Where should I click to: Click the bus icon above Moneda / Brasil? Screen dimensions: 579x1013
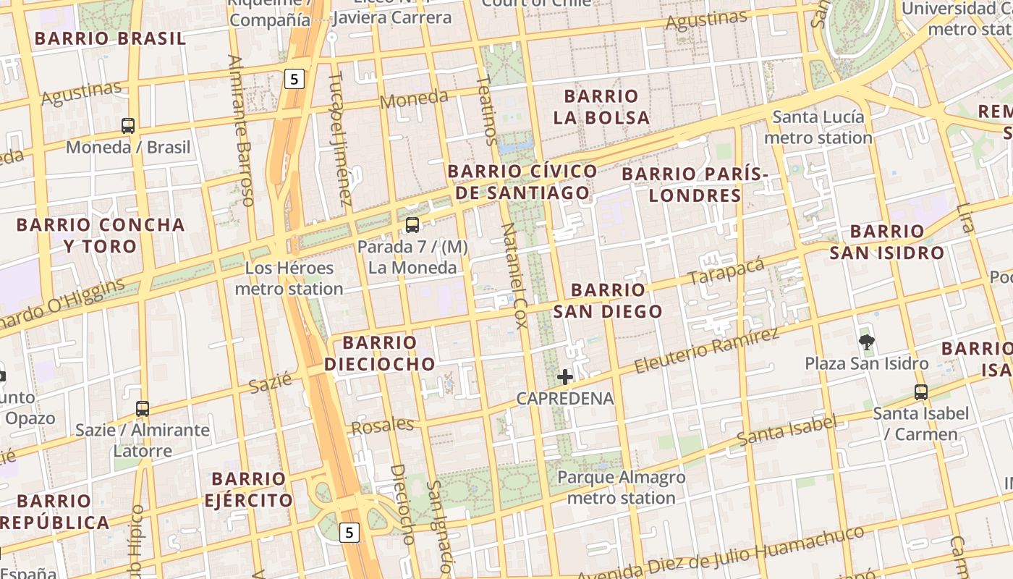[x=128, y=125]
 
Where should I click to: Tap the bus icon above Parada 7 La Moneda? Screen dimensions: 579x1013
[x=412, y=224]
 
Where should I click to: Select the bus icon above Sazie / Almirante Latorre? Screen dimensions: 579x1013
[x=143, y=408]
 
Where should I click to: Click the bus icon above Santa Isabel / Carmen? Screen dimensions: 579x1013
[x=920, y=392]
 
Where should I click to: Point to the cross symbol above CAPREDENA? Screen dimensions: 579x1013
[x=565, y=376]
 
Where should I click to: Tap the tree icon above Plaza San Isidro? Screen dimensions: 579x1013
[x=866, y=342]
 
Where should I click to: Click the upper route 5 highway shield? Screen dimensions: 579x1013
[x=294, y=79]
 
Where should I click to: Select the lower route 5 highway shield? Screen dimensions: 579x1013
[x=349, y=533]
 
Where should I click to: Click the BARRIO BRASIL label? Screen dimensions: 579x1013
[x=110, y=38]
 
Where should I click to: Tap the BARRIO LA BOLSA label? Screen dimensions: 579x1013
[x=601, y=106]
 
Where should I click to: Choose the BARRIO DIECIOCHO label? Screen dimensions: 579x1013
[x=379, y=353]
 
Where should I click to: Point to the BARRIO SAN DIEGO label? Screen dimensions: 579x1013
[x=608, y=300]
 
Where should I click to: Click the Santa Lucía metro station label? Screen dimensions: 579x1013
[x=818, y=127]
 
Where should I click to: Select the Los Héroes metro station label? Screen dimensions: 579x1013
[x=289, y=279]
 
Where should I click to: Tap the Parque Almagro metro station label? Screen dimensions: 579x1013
[x=621, y=488]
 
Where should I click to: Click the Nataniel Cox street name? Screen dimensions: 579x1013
[x=515, y=275]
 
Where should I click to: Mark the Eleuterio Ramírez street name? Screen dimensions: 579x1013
[x=707, y=350]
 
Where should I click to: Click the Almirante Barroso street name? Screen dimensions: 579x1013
[x=240, y=130]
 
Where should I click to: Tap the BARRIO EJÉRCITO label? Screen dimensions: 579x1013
[x=248, y=489]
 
